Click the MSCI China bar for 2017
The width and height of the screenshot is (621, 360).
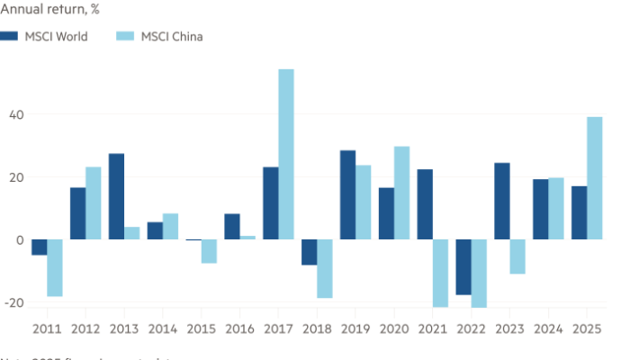286,154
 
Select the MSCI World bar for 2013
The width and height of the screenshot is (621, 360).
116,196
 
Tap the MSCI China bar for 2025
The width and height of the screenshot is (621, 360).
595,178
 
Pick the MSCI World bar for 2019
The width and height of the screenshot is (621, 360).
347,194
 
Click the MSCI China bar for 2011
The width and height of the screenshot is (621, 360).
55,268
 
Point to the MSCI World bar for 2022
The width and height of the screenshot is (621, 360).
463,267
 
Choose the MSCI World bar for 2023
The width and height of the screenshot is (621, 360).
501,201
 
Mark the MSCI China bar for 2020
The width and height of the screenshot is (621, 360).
401,193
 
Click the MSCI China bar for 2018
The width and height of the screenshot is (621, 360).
324,269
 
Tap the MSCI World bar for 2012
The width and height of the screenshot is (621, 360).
77,212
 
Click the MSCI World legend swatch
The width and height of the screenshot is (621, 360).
10,36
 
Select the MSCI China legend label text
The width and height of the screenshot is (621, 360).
172,36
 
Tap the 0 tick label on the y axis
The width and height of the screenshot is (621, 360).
6,239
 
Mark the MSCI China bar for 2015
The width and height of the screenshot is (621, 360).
209,251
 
